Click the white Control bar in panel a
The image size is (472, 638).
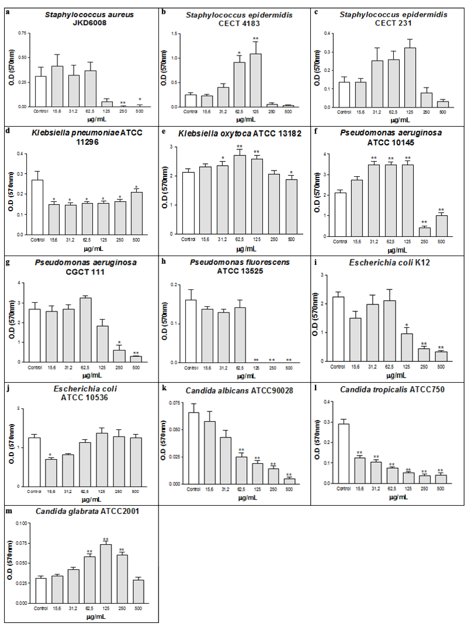click(x=41, y=91)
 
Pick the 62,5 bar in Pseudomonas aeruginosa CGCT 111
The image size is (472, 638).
click(x=85, y=330)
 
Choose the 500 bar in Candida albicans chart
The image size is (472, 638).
click(x=289, y=481)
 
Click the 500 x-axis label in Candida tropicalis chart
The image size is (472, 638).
click(x=440, y=489)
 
